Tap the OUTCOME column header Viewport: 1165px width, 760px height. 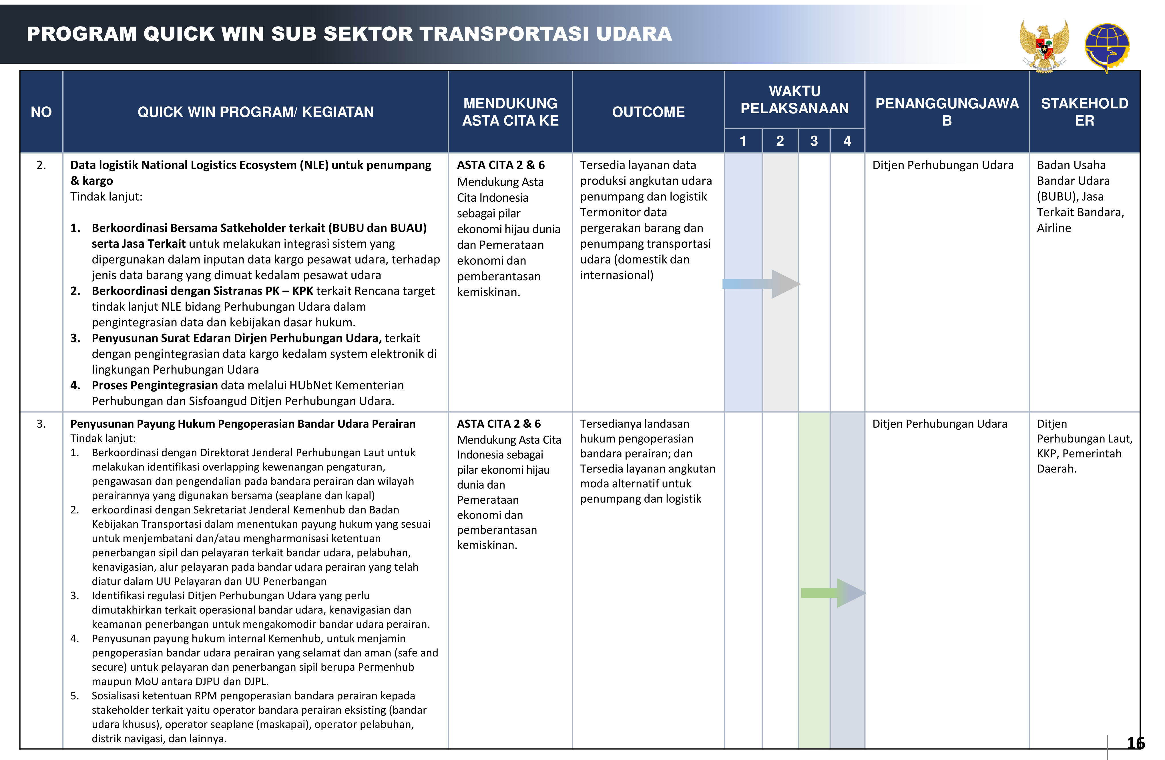click(648, 112)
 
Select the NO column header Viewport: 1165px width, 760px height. click(41, 112)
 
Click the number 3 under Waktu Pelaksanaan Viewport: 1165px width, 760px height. click(814, 141)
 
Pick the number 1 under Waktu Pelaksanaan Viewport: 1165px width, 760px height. click(742, 141)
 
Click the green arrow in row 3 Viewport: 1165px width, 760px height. click(832, 593)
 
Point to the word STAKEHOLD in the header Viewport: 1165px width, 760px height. click(1084, 103)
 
